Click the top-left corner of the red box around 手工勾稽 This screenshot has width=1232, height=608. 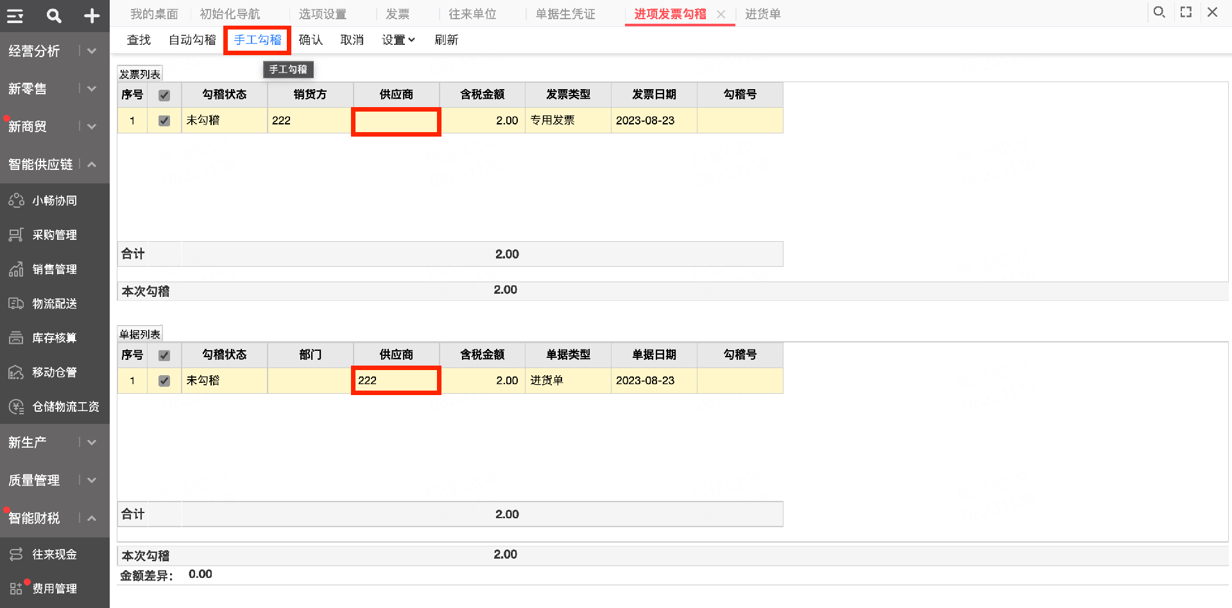pyautogui.click(x=225, y=27)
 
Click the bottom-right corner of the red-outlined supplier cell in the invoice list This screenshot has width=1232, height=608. pyautogui.click(x=440, y=135)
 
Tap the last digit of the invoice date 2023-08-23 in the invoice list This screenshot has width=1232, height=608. pyautogui.click(x=671, y=121)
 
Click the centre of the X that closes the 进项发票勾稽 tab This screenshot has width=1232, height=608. pyautogui.click(x=721, y=14)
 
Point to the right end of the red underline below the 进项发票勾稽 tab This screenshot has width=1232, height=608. pyautogui.click(x=735, y=25)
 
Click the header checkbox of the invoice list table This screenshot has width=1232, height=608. pyautogui.click(x=164, y=95)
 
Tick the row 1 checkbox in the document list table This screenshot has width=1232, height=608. pyautogui.click(x=164, y=381)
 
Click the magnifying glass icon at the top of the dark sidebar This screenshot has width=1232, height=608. pyautogui.click(x=54, y=16)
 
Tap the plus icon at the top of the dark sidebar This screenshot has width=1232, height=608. pyautogui.click(x=92, y=16)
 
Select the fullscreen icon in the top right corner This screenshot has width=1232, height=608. pyautogui.click(x=1186, y=12)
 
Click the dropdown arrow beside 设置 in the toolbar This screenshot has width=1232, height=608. pyautogui.click(x=411, y=40)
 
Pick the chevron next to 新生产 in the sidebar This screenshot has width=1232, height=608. pyautogui.click(x=92, y=443)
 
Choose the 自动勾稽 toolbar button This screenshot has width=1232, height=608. pyautogui.click(x=193, y=40)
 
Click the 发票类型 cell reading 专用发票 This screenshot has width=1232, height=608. pyautogui.click(x=568, y=121)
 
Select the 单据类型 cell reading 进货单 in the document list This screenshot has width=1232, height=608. pyautogui.click(x=568, y=380)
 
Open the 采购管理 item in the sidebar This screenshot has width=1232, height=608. pyautogui.click(x=55, y=235)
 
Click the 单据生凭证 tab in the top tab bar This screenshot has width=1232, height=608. pyautogui.click(x=565, y=14)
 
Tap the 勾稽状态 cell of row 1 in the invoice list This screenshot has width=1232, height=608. pyautogui.click(x=225, y=121)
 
